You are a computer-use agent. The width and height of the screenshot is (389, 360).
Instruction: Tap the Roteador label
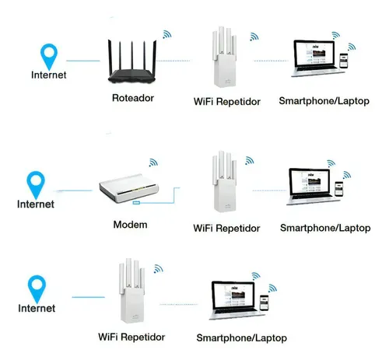click(x=133, y=98)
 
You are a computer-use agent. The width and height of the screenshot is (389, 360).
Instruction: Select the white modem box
click(x=129, y=188)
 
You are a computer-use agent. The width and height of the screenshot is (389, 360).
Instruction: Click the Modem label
click(x=130, y=225)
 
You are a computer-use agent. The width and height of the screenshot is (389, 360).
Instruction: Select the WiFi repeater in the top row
click(x=225, y=57)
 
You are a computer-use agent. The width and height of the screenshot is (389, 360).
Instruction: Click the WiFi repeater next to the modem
click(x=225, y=181)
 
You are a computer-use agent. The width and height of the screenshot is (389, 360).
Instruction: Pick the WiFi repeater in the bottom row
click(x=131, y=291)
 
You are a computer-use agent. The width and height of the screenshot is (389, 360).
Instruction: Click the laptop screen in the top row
click(x=314, y=55)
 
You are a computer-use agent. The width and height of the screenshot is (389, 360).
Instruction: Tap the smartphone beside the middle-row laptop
click(x=338, y=189)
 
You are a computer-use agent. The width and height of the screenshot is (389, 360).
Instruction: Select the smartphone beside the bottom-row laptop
click(x=265, y=302)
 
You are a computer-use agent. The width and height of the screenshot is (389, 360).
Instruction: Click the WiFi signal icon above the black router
click(x=167, y=34)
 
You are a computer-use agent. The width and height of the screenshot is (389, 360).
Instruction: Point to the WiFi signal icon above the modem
click(x=153, y=163)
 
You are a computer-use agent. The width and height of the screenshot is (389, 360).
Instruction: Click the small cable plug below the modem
click(x=136, y=202)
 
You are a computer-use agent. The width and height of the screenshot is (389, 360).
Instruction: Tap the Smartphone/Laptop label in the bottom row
click(x=241, y=338)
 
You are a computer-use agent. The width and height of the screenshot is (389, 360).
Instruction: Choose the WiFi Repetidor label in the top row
click(x=227, y=101)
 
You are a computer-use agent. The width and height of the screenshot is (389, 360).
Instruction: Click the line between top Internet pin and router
click(x=83, y=61)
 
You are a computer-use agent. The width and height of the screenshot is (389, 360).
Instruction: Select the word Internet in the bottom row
click(x=37, y=308)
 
